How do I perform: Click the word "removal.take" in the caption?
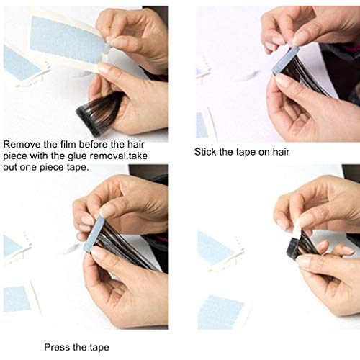tap(119, 156)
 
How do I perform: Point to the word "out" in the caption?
tap(10, 167)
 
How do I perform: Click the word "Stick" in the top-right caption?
tap(204, 152)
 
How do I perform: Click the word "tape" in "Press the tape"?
tap(99, 348)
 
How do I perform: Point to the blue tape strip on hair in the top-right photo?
tap(286, 60)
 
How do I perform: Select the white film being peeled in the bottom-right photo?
tap(297, 229)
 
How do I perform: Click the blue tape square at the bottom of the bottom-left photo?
tap(18, 299)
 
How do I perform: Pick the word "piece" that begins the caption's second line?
tap(15, 156)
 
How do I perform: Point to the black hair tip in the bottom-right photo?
tap(294, 247)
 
